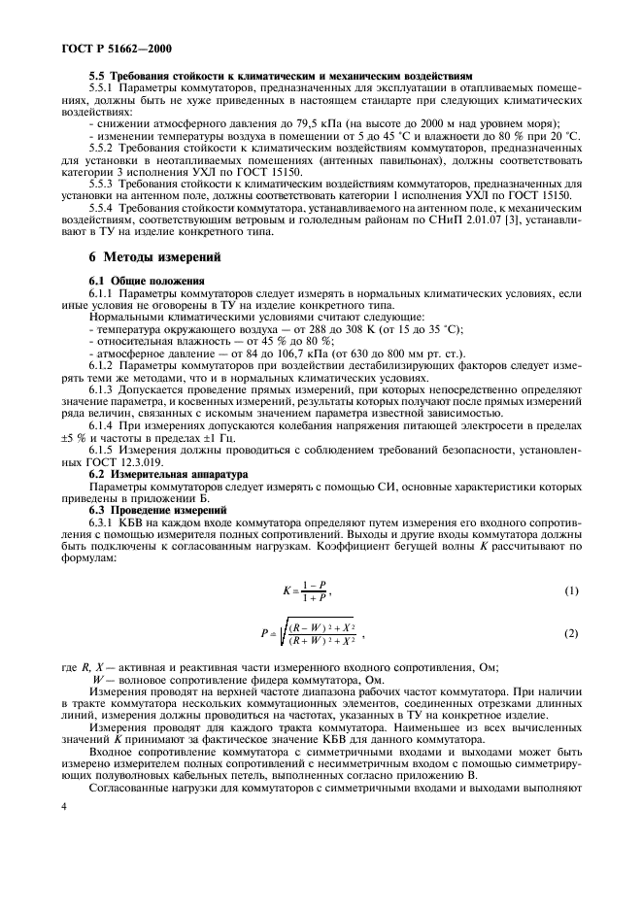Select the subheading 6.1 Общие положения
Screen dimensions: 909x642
pyautogui.click(x=142, y=280)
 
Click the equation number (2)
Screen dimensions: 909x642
pyautogui.click(x=571, y=633)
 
